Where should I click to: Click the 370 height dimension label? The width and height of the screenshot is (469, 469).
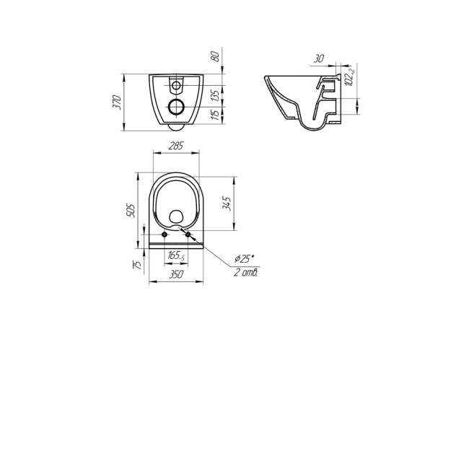117,102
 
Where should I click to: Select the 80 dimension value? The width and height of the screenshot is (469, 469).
216,56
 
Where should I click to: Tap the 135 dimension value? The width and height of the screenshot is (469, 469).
216,95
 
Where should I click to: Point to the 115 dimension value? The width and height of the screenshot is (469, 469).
216,115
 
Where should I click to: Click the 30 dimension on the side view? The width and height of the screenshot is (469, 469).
319,58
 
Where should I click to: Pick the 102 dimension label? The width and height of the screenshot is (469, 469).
351,75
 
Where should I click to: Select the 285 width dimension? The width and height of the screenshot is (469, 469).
176,146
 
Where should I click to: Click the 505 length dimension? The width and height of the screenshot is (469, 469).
131,210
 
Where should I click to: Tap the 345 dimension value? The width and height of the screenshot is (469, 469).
227,203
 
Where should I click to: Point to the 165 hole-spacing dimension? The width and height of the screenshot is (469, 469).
176,255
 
